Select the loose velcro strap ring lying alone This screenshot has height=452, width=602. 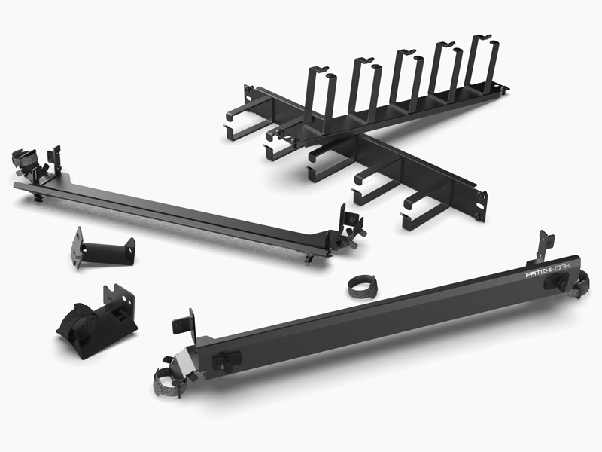point(362,286)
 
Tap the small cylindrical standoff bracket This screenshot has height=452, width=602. point(103,249)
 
